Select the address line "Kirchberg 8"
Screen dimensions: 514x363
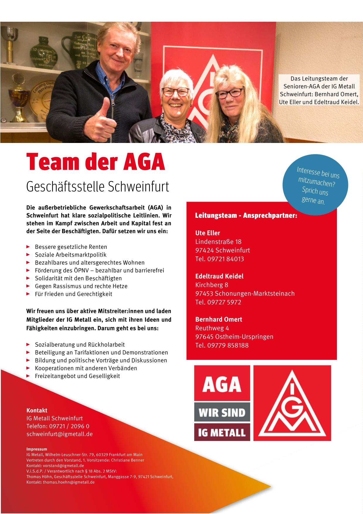tap(212, 285)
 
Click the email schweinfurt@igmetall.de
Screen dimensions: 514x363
tap(59, 434)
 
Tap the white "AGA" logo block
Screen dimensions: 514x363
tap(222, 383)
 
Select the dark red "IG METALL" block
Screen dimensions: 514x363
tap(222, 432)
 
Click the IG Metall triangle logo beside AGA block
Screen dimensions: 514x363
tap(292, 403)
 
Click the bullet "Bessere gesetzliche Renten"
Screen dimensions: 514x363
tap(71, 247)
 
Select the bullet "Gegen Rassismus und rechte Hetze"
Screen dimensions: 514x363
tap(81, 286)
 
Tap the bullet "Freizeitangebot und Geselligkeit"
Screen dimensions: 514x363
tap(77, 376)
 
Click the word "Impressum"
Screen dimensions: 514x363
tap(37, 449)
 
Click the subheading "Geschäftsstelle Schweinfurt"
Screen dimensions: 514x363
tap(98, 187)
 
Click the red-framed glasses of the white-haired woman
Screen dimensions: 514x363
tap(175, 92)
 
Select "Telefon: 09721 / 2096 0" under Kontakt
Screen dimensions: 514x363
tap(58, 426)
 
